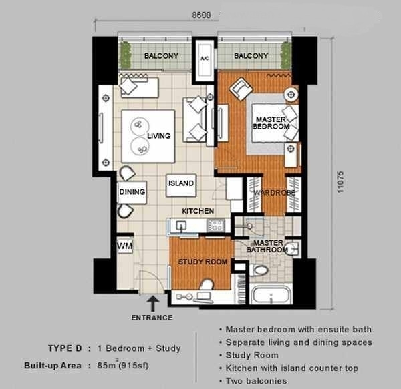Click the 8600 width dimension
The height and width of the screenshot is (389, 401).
(x=202, y=15)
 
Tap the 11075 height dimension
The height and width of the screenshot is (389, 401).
(x=340, y=181)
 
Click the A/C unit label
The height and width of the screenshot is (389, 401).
(x=205, y=59)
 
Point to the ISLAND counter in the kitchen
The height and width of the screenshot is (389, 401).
(x=181, y=185)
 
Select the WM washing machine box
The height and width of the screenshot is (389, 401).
(x=125, y=246)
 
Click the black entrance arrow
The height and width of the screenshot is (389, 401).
(x=152, y=303)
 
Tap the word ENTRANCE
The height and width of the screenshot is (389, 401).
(x=152, y=318)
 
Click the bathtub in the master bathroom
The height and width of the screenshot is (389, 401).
(x=271, y=294)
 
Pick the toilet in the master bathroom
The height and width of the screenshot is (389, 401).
(x=259, y=270)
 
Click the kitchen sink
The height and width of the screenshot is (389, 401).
(x=181, y=226)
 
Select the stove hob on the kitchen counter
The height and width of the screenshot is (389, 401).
(x=216, y=225)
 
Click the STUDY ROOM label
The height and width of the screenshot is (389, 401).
(x=203, y=262)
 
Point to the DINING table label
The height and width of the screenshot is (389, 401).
(x=132, y=192)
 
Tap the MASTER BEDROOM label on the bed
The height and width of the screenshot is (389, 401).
(x=271, y=123)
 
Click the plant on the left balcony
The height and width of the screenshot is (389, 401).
(x=126, y=55)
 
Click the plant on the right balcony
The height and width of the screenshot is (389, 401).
(x=286, y=55)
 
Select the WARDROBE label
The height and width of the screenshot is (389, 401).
(x=274, y=192)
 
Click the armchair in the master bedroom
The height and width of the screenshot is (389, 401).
(x=241, y=89)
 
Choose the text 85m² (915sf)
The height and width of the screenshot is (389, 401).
(x=123, y=365)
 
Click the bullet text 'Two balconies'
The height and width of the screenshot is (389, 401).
(x=256, y=381)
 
